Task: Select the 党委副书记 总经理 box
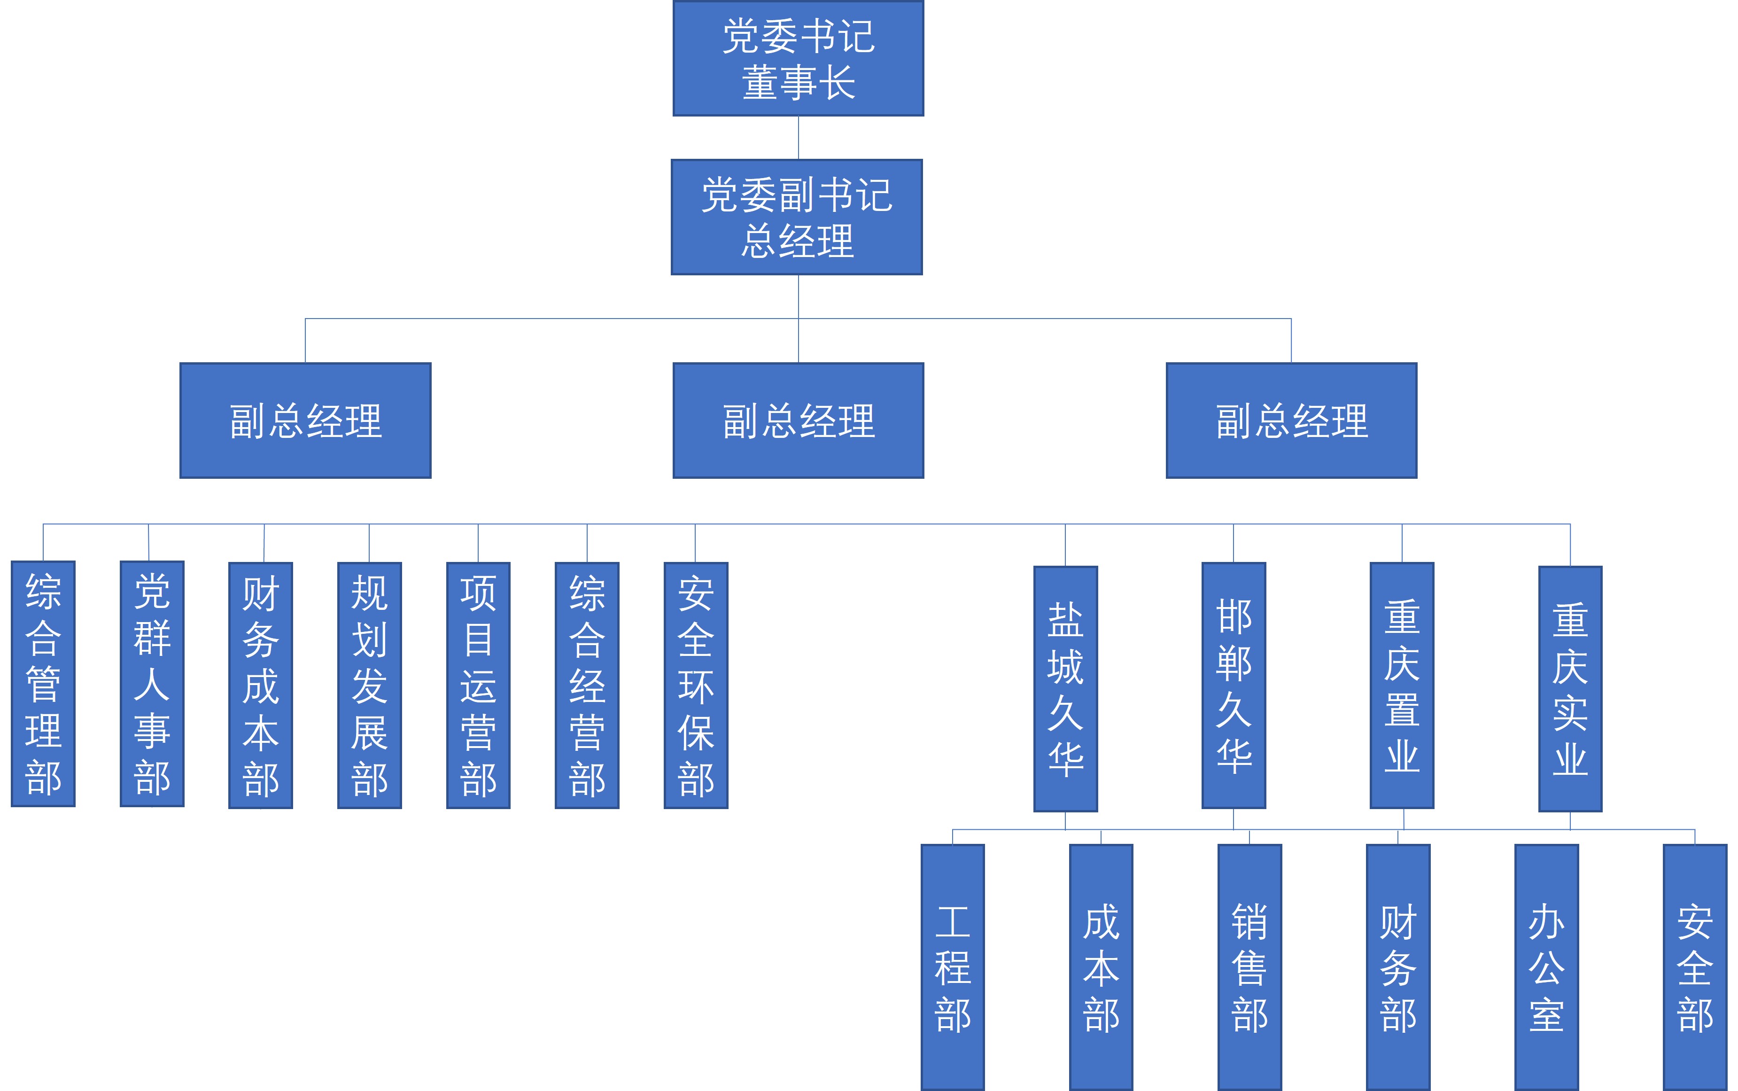click(796, 217)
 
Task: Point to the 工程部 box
click(953, 967)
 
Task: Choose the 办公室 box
click(1546, 967)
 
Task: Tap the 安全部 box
click(1695, 967)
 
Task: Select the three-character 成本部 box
click(1101, 967)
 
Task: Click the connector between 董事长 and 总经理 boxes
click(799, 138)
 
